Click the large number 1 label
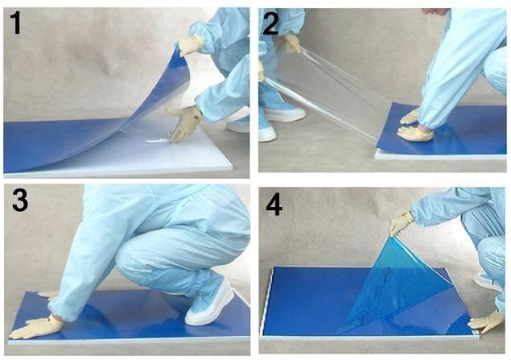click(x=15, y=23)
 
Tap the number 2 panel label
click(x=270, y=23)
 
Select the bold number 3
click(x=20, y=201)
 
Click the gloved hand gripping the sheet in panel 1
click(x=190, y=45)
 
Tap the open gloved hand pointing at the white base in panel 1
click(x=184, y=123)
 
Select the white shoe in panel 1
click(x=239, y=125)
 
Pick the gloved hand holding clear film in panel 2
click(x=292, y=43)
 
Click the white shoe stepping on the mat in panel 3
click(x=209, y=304)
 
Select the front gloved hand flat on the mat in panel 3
click(x=36, y=327)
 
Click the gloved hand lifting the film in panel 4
click(x=400, y=222)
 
